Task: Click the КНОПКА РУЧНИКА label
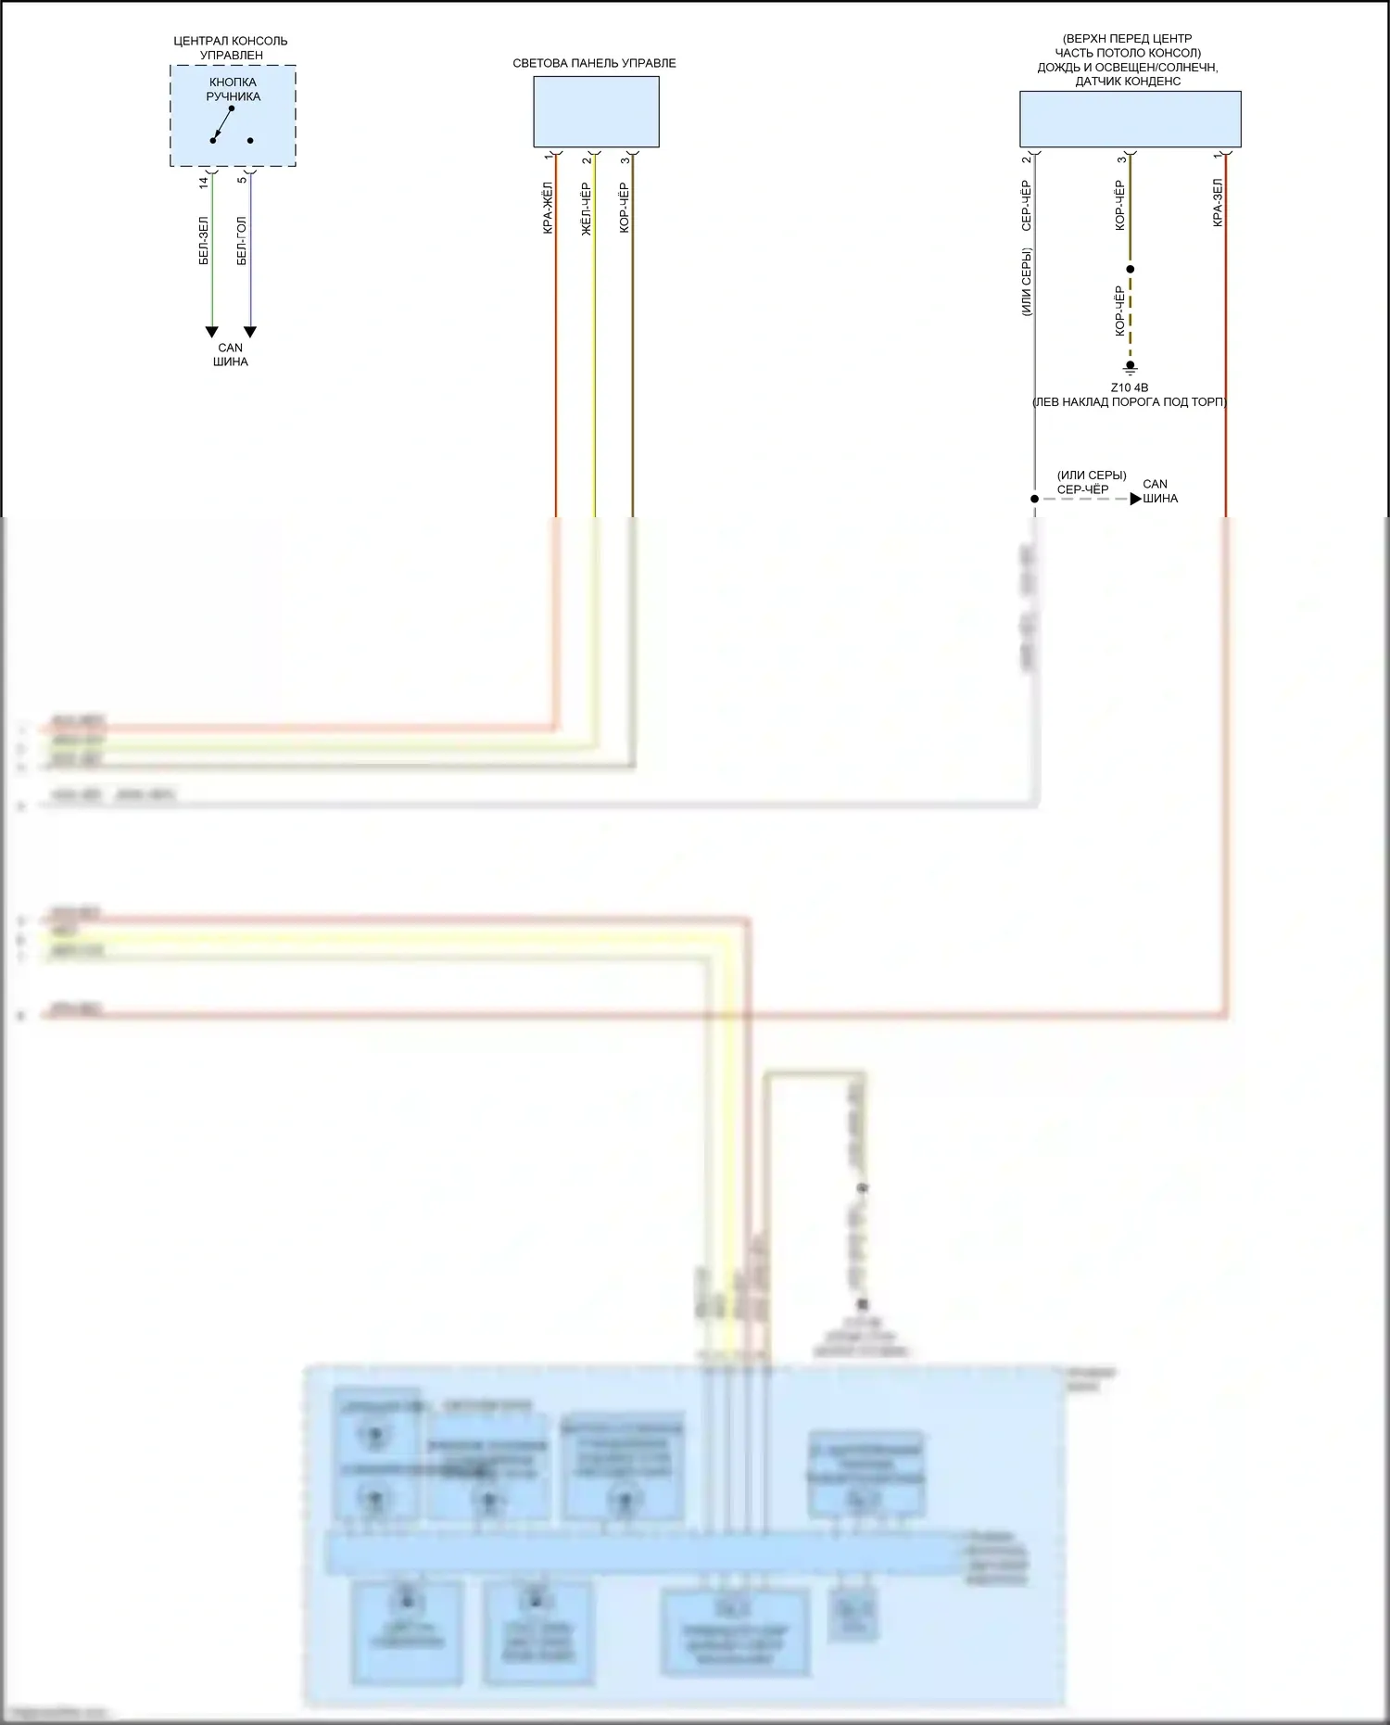[233, 89]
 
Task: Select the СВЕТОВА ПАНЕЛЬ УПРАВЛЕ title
[594, 63]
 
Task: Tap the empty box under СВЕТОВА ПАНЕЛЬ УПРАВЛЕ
[596, 111]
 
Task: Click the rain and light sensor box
[1130, 119]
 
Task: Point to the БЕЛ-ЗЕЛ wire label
[204, 241]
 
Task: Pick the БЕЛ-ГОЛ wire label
[242, 241]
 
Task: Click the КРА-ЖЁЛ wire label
[548, 208]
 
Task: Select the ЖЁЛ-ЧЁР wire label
[586, 209]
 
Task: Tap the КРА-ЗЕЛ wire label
[1218, 202]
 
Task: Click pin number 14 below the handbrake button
[204, 183]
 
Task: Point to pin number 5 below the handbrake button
[242, 179]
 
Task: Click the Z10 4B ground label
[1129, 387]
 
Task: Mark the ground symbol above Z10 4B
[1130, 367]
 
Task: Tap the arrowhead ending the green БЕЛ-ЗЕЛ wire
[212, 332]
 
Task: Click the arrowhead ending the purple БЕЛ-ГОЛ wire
[250, 332]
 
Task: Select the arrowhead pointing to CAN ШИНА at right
[1136, 499]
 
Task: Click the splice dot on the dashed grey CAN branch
[1035, 499]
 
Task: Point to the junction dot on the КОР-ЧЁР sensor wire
[1130, 270]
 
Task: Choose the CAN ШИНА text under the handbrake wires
[230, 354]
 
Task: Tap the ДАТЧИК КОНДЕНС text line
[1128, 81]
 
